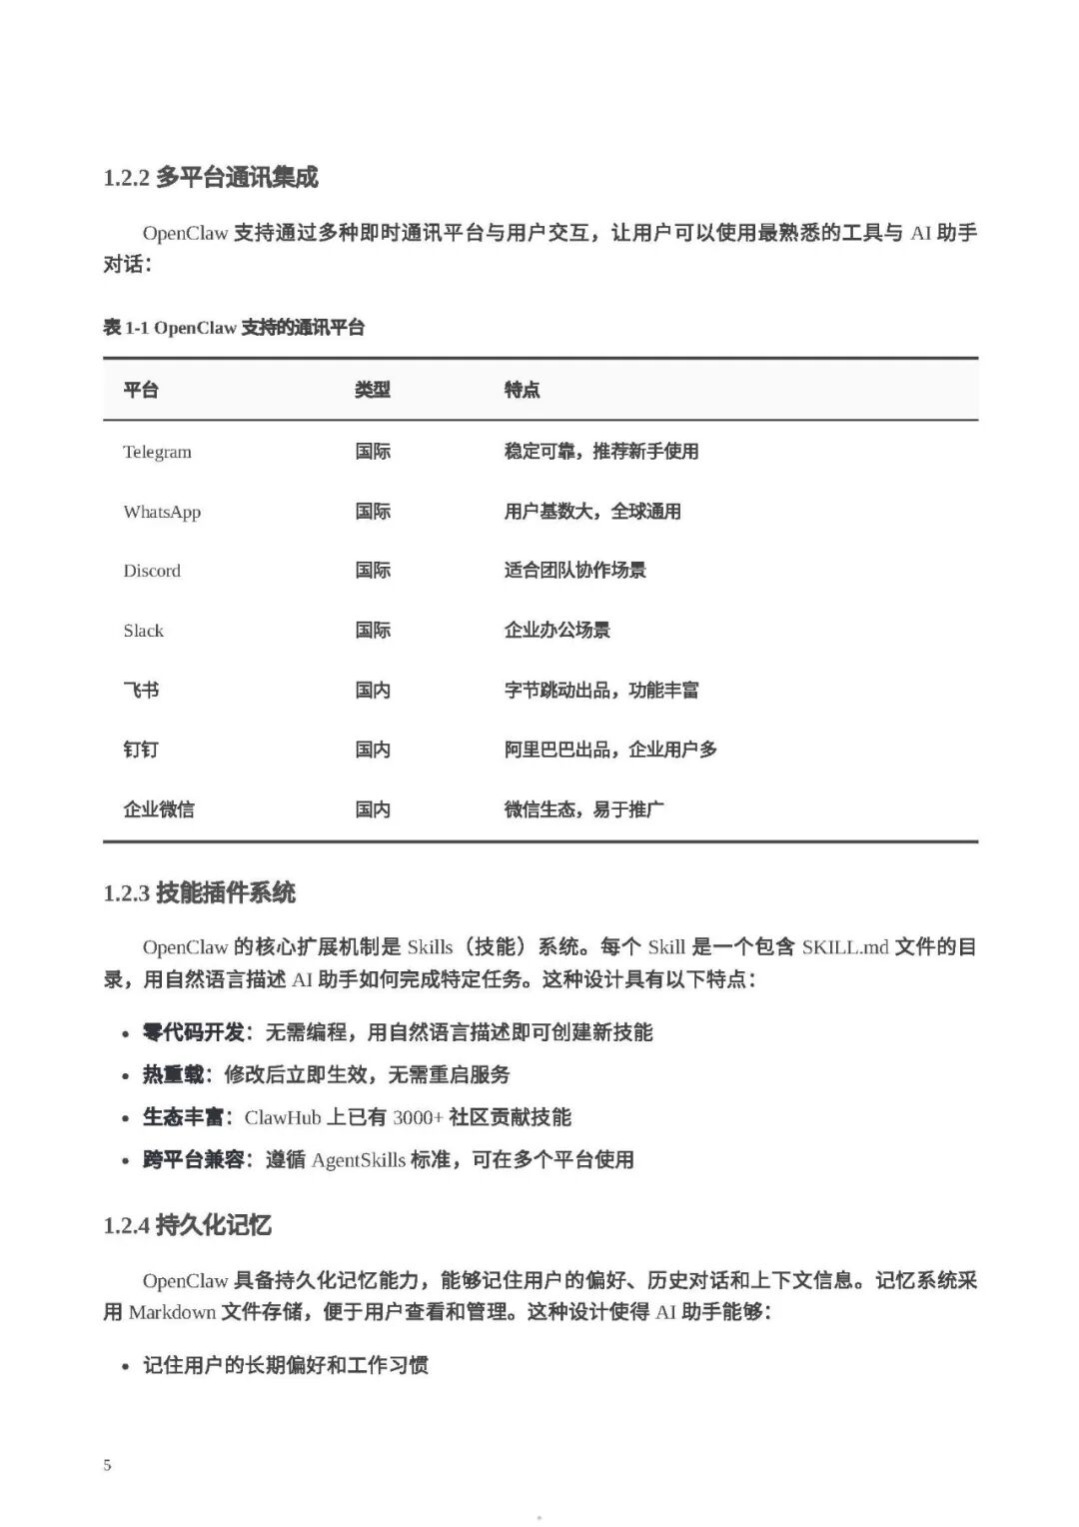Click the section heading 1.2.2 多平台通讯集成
click(x=211, y=178)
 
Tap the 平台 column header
click(x=141, y=390)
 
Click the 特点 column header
click(x=522, y=390)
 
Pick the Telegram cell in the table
click(x=157, y=452)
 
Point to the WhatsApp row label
click(x=162, y=512)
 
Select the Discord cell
click(x=152, y=571)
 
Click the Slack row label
click(x=143, y=631)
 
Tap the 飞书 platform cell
click(x=141, y=690)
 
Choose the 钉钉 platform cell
click(x=141, y=750)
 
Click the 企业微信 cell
click(x=159, y=809)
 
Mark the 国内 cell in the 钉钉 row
click(x=373, y=750)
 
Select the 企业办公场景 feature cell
click(x=556, y=631)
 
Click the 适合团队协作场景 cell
click(x=574, y=571)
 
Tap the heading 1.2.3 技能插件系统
click(x=200, y=892)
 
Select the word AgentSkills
click(x=359, y=1160)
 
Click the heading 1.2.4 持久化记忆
click(x=188, y=1225)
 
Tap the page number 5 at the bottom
click(x=107, y=1465)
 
